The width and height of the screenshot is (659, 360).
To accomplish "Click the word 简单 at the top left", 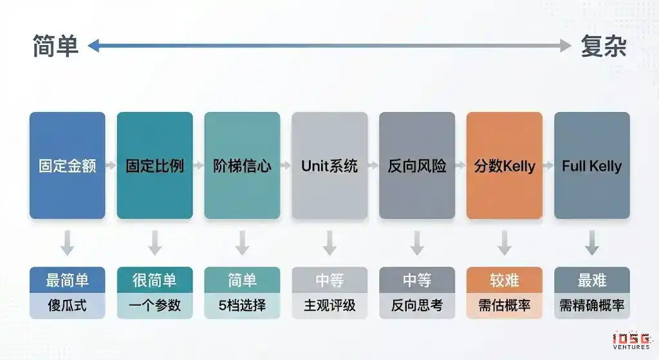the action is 55,46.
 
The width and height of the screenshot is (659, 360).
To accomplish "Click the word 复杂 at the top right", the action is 604,46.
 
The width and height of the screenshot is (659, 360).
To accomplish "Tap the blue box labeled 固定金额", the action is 67,166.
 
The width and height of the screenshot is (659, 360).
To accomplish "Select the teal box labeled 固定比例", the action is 154,166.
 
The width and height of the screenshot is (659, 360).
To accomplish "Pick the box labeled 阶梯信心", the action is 242,166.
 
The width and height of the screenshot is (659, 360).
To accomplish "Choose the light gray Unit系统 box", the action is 329,166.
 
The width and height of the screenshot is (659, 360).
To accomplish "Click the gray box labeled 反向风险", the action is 417,166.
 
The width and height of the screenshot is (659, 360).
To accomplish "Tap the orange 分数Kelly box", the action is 505,166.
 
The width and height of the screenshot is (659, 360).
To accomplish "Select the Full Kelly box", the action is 592,166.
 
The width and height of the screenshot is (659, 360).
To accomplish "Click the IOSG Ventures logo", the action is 632,341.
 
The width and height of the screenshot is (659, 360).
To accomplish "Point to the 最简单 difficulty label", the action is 67,279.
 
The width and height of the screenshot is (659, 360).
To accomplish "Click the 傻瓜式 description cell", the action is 67,305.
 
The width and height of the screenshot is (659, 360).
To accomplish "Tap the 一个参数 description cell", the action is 154,305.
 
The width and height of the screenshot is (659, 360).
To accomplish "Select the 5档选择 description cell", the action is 242,305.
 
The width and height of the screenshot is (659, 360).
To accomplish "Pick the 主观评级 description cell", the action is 329,305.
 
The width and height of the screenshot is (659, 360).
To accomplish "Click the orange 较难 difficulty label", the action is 505,279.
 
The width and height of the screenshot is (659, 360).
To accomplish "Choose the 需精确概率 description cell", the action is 592,305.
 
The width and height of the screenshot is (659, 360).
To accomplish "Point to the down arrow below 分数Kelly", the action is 505,243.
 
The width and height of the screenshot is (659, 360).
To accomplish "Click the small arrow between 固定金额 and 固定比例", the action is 111,166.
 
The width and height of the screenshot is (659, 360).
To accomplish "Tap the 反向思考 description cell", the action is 417,305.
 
